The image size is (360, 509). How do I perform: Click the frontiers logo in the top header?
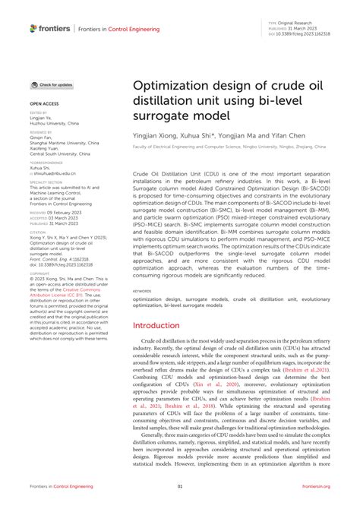[x=50, y=29]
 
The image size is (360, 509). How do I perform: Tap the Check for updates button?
[x=52, y=85]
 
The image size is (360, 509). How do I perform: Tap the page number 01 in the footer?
[x=180, y=486]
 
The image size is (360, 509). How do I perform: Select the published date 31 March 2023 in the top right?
[x=305, y=28]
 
